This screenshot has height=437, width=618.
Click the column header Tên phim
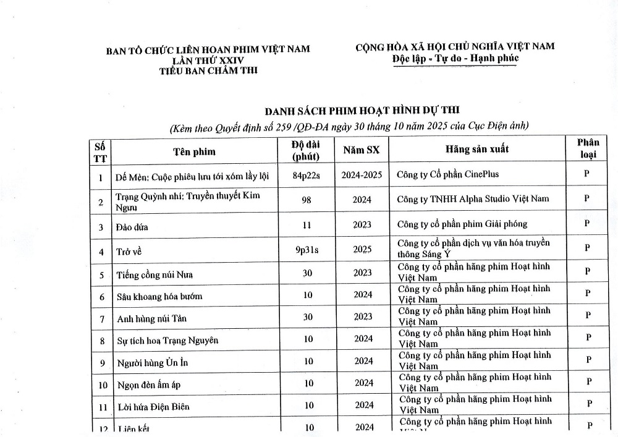click(194, 151)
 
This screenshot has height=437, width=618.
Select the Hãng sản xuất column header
click(477, 150)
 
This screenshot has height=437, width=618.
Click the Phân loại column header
click(588, 148)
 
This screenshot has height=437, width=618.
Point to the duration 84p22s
click(308, 175)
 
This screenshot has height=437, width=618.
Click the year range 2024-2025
click(362, 175)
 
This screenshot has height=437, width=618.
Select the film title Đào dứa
click(132, 227)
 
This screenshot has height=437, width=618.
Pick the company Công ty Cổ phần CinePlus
click(448, 174)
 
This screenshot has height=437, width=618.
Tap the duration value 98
click(307, 200)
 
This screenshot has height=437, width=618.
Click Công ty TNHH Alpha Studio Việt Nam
click(473, 198)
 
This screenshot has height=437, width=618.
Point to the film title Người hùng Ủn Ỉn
click(152, 362)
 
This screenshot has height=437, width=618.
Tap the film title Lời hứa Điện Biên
click(153, 406)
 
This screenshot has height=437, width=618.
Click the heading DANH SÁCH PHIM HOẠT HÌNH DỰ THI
click(362, 111)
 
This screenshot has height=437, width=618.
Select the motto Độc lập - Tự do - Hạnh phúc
click(455, 58)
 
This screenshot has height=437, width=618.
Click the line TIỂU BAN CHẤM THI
click(208, 70)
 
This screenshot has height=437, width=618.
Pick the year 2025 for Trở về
click(363, 250)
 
